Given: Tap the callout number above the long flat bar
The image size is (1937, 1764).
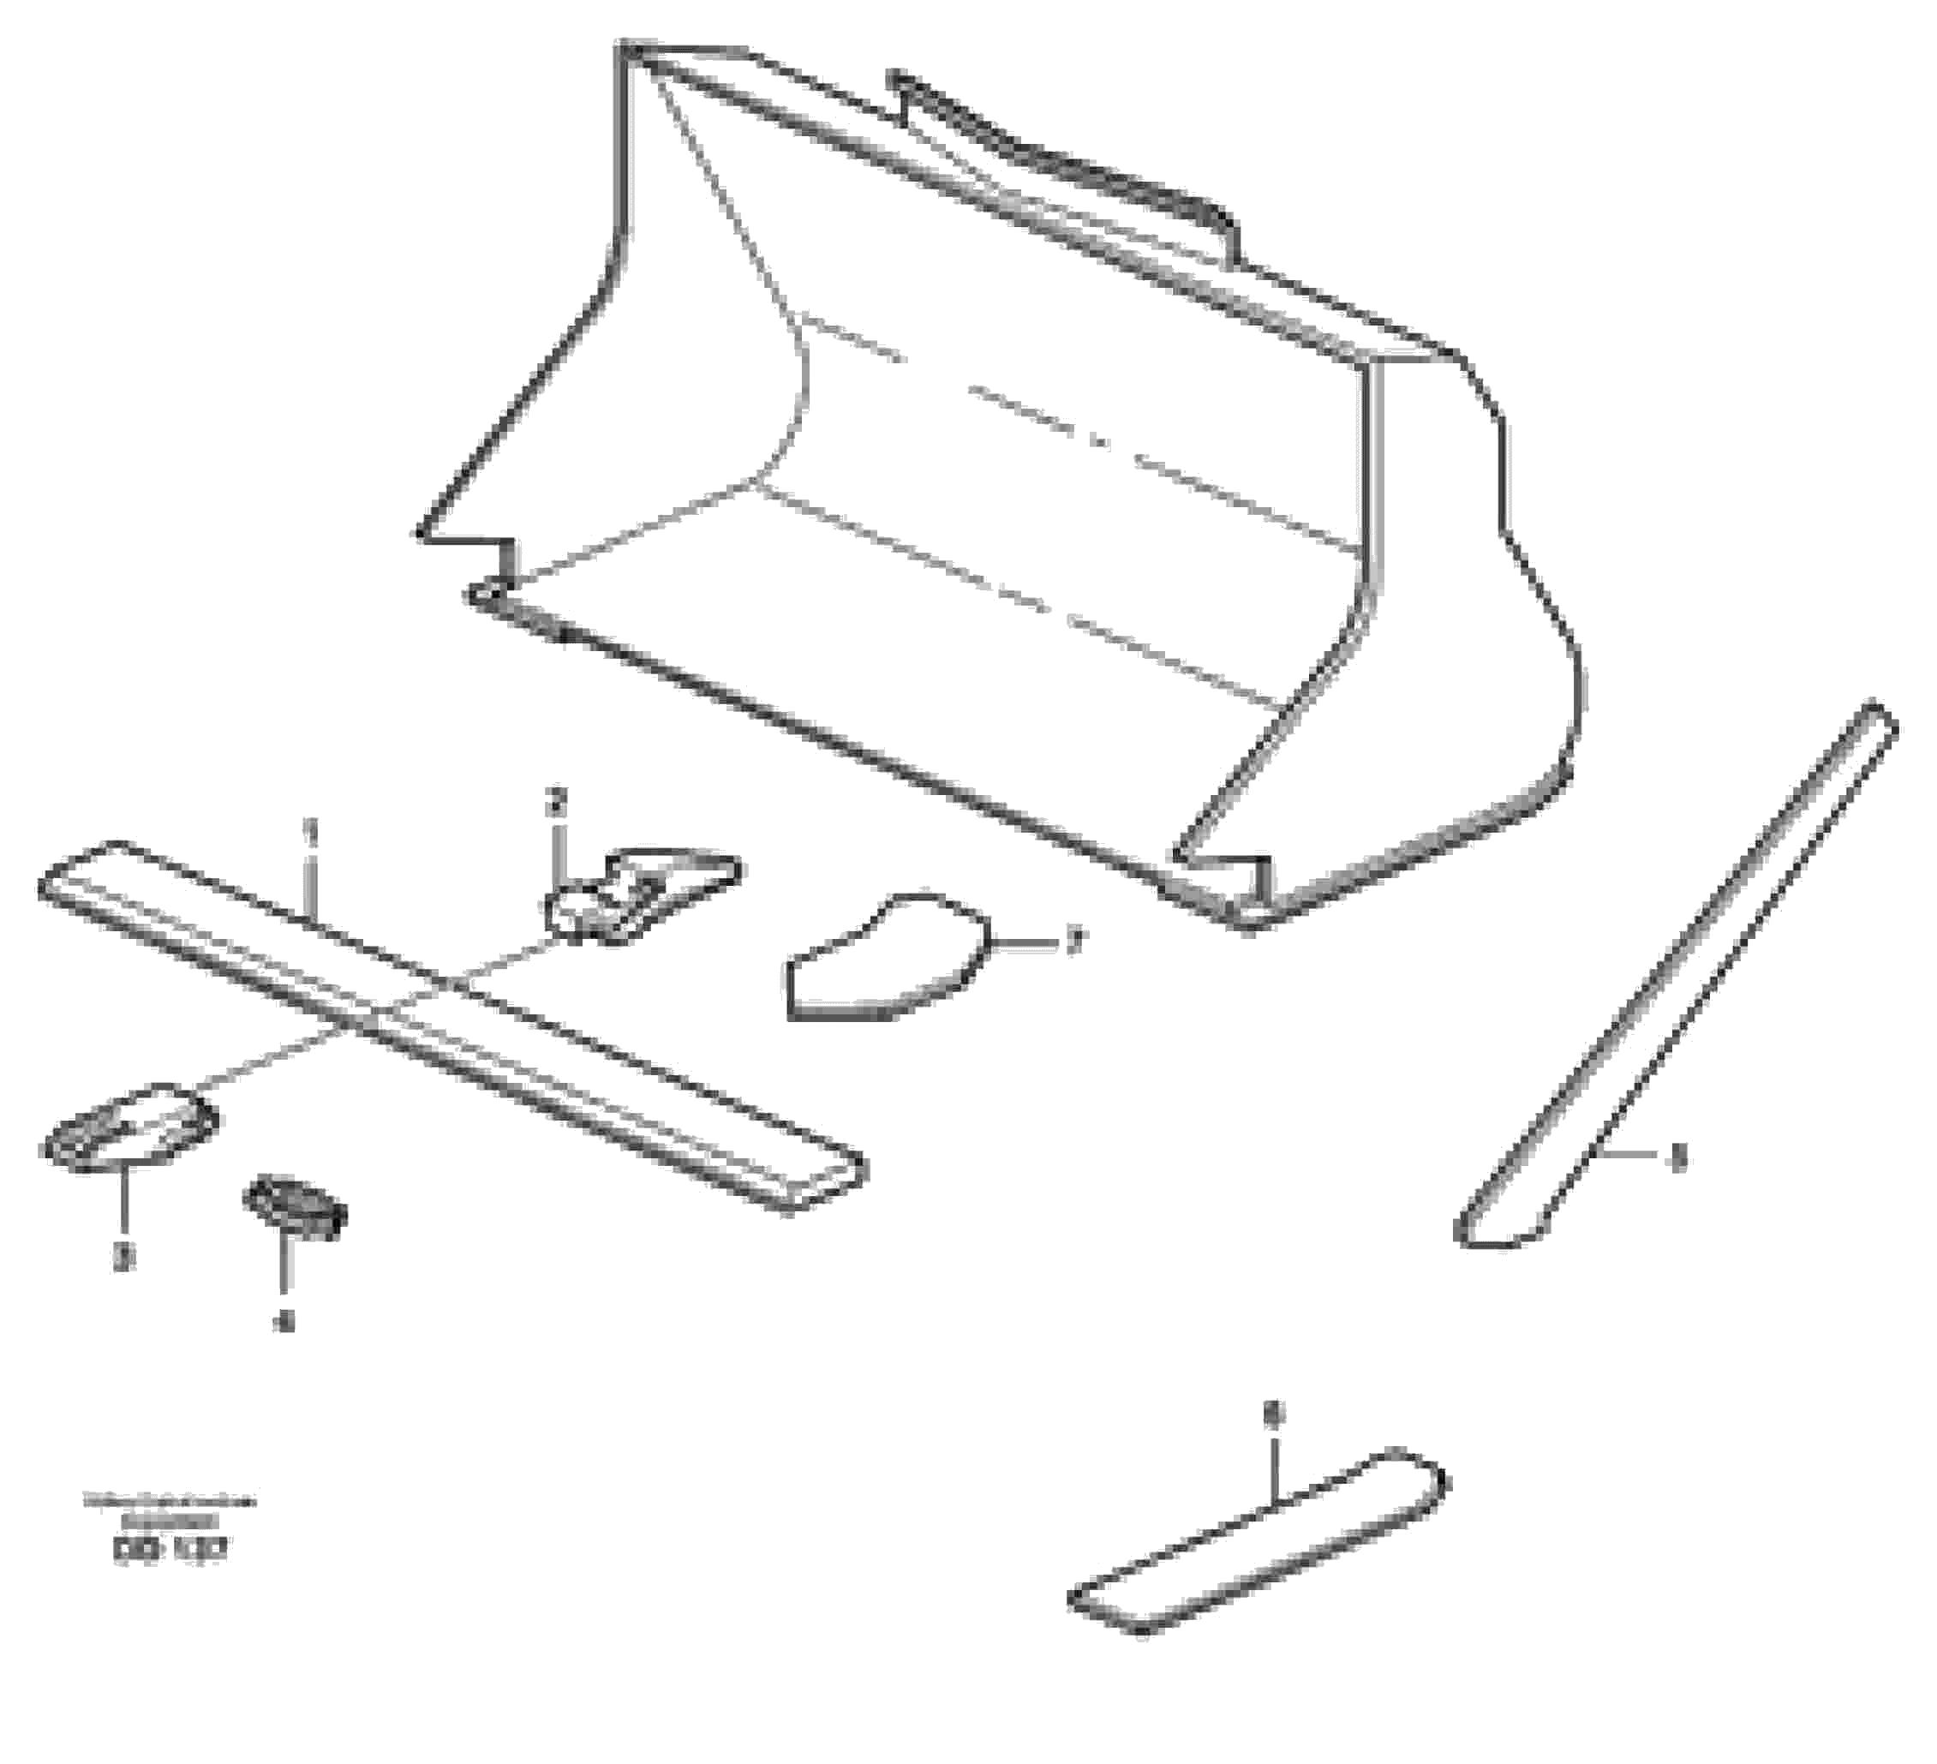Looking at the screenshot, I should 309,829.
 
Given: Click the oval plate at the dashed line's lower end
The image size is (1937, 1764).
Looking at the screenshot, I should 129,1125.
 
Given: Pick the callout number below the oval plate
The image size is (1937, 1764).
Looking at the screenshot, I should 122,1257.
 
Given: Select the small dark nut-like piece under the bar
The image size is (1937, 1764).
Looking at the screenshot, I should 294,1207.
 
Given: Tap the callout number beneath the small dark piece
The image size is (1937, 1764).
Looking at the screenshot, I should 284,1323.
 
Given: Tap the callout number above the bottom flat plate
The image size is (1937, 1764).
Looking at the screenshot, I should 1273,1414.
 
